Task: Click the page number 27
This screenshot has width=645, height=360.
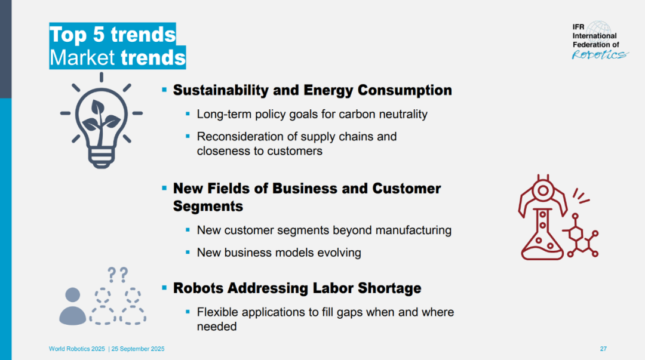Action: pyautogui.click(x=603, y=349)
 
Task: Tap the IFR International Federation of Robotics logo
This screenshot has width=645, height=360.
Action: pyautogui.click(x=600, y=41)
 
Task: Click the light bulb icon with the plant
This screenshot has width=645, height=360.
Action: pyautogui.click(x=101, y=120)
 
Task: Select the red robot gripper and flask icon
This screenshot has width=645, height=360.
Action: pyautogui.click(x=558, y=217)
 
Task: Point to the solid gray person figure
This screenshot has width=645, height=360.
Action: pyautogui.click(x=73, y=306)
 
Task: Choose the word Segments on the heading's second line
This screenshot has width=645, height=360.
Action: pyautogui.click(x=208, y=206)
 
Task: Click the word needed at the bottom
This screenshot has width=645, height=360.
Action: pyautogui.click(x=217, y=327)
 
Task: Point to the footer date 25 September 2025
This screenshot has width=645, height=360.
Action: pyautogui.click(x=138, y=349)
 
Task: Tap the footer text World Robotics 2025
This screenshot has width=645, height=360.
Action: pyautogui.click(x=77, y=349)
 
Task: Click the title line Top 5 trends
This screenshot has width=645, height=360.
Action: pyautogui.click(x=112, y=34)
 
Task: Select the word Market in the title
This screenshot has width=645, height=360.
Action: pyautogui.click(x=82, y=57)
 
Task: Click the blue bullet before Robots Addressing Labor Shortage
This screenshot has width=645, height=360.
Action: pyautogui.click(x=165, y=288)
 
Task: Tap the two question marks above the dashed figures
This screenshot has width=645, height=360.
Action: pyautogui.click(x=118, y=275)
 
